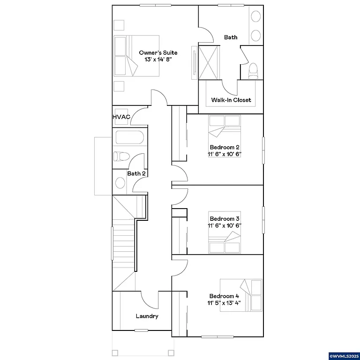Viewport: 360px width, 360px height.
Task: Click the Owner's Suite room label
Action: tap(158, 52)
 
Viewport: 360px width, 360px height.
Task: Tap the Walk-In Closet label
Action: tap(231, 100)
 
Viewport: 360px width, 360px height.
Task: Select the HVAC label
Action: tap(121, 117)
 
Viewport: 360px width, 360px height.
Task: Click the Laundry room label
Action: tap(147, 316)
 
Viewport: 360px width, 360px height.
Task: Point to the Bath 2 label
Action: tap(136, 173)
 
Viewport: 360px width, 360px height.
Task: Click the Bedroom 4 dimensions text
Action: tap(225, 303)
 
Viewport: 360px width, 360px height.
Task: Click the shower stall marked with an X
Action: tap(209, 62)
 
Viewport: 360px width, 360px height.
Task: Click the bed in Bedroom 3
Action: tap(225, 243)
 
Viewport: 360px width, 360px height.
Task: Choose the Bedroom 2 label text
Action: tap(225, 147)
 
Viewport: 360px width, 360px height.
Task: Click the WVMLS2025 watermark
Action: tap(344, 356)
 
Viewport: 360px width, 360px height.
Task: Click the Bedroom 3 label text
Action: tap(225, 218)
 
